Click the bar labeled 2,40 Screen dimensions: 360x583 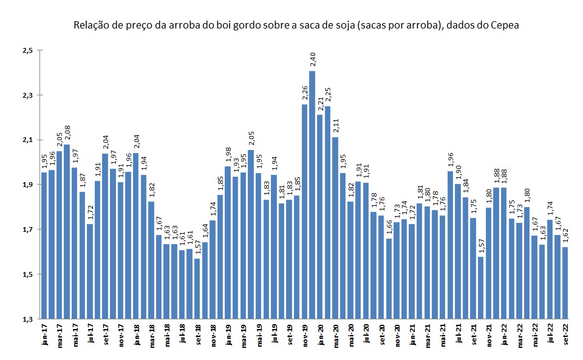point(312,194)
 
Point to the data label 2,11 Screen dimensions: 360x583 point(335,126)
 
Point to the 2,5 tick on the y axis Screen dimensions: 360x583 point(27,50)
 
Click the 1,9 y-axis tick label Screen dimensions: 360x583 point(27,185)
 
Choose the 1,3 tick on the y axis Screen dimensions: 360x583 point(27,319)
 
